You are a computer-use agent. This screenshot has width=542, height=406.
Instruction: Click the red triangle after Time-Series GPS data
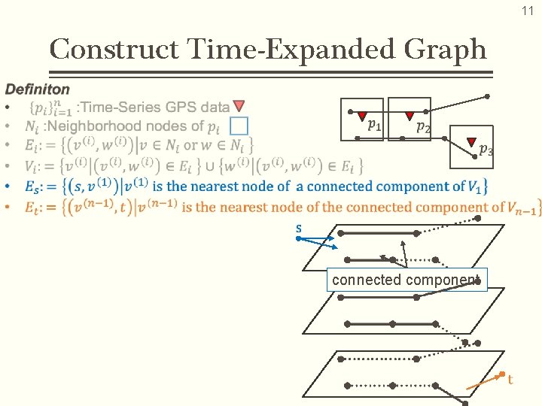coord(239,107)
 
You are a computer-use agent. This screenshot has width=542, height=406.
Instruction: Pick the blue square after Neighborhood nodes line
coord(239,126)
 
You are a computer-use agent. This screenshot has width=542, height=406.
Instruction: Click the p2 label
coord(424,127)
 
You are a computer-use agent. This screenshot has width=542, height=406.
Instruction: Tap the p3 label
coord(486,150)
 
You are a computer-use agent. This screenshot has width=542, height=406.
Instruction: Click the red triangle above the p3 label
coord(472,141)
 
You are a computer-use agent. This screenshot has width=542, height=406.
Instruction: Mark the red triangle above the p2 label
coord(410,117)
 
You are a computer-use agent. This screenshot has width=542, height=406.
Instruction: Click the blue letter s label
coord(298,227)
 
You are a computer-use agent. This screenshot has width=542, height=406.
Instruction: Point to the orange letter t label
coord(510,380)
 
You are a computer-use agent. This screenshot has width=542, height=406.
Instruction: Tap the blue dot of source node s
coord(298,238)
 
